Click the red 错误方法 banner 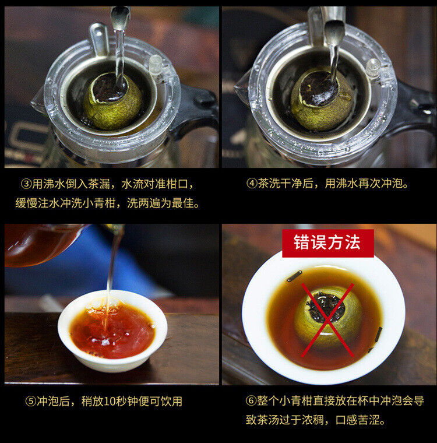coord(328,243)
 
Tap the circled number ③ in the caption coord(26,184)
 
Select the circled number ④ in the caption coord(251,184)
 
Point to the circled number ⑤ coord(30,401)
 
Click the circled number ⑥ coord(251,400)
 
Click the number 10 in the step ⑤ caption coord(110,401)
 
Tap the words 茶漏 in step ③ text coord(99,184)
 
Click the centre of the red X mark coord(327,320)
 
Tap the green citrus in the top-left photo coord(112,101)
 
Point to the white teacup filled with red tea coord(112,331)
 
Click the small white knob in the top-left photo coord(156,64)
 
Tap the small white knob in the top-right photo coord(373,67)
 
